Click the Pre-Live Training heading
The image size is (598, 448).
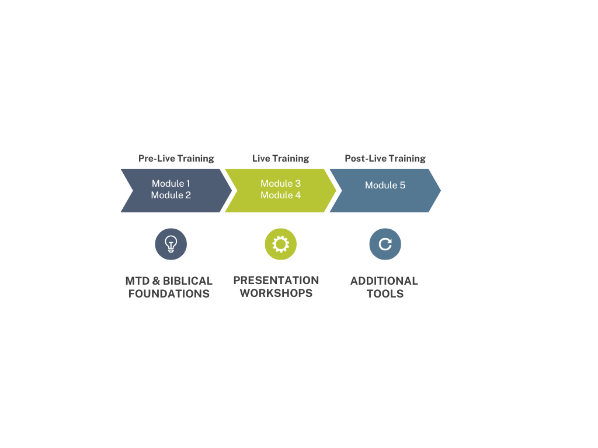(x=176, y=158)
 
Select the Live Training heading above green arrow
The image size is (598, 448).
(x=280, y=158)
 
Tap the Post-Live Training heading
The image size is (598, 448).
(x=385, y=158)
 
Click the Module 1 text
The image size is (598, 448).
(x=171, y=184)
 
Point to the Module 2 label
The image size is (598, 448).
(x=171, y=195)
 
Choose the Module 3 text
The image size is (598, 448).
(x=280, y=184)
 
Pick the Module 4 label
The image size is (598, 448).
(x=280, y=195)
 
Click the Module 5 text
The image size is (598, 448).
(x=385, y=185)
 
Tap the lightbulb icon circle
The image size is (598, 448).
(x=171, y=244)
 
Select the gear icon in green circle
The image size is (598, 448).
(x=280, y=244)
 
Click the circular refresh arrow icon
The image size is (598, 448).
(x=385, y=244)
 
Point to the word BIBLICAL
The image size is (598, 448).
(x=187, y=281)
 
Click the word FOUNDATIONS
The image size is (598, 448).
(x=169, y=293)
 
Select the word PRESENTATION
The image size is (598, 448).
(x=276, y=280)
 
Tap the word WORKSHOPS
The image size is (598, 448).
(x=276, y=293)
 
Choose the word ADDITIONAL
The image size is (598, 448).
(x=384, y=281)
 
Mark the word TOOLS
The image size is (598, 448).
(x=385, y=293)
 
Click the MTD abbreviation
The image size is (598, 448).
(x=137, y=281)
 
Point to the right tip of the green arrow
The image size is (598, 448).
(x=335, y=191)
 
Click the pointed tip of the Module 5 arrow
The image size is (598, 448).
(x=440, y=191)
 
